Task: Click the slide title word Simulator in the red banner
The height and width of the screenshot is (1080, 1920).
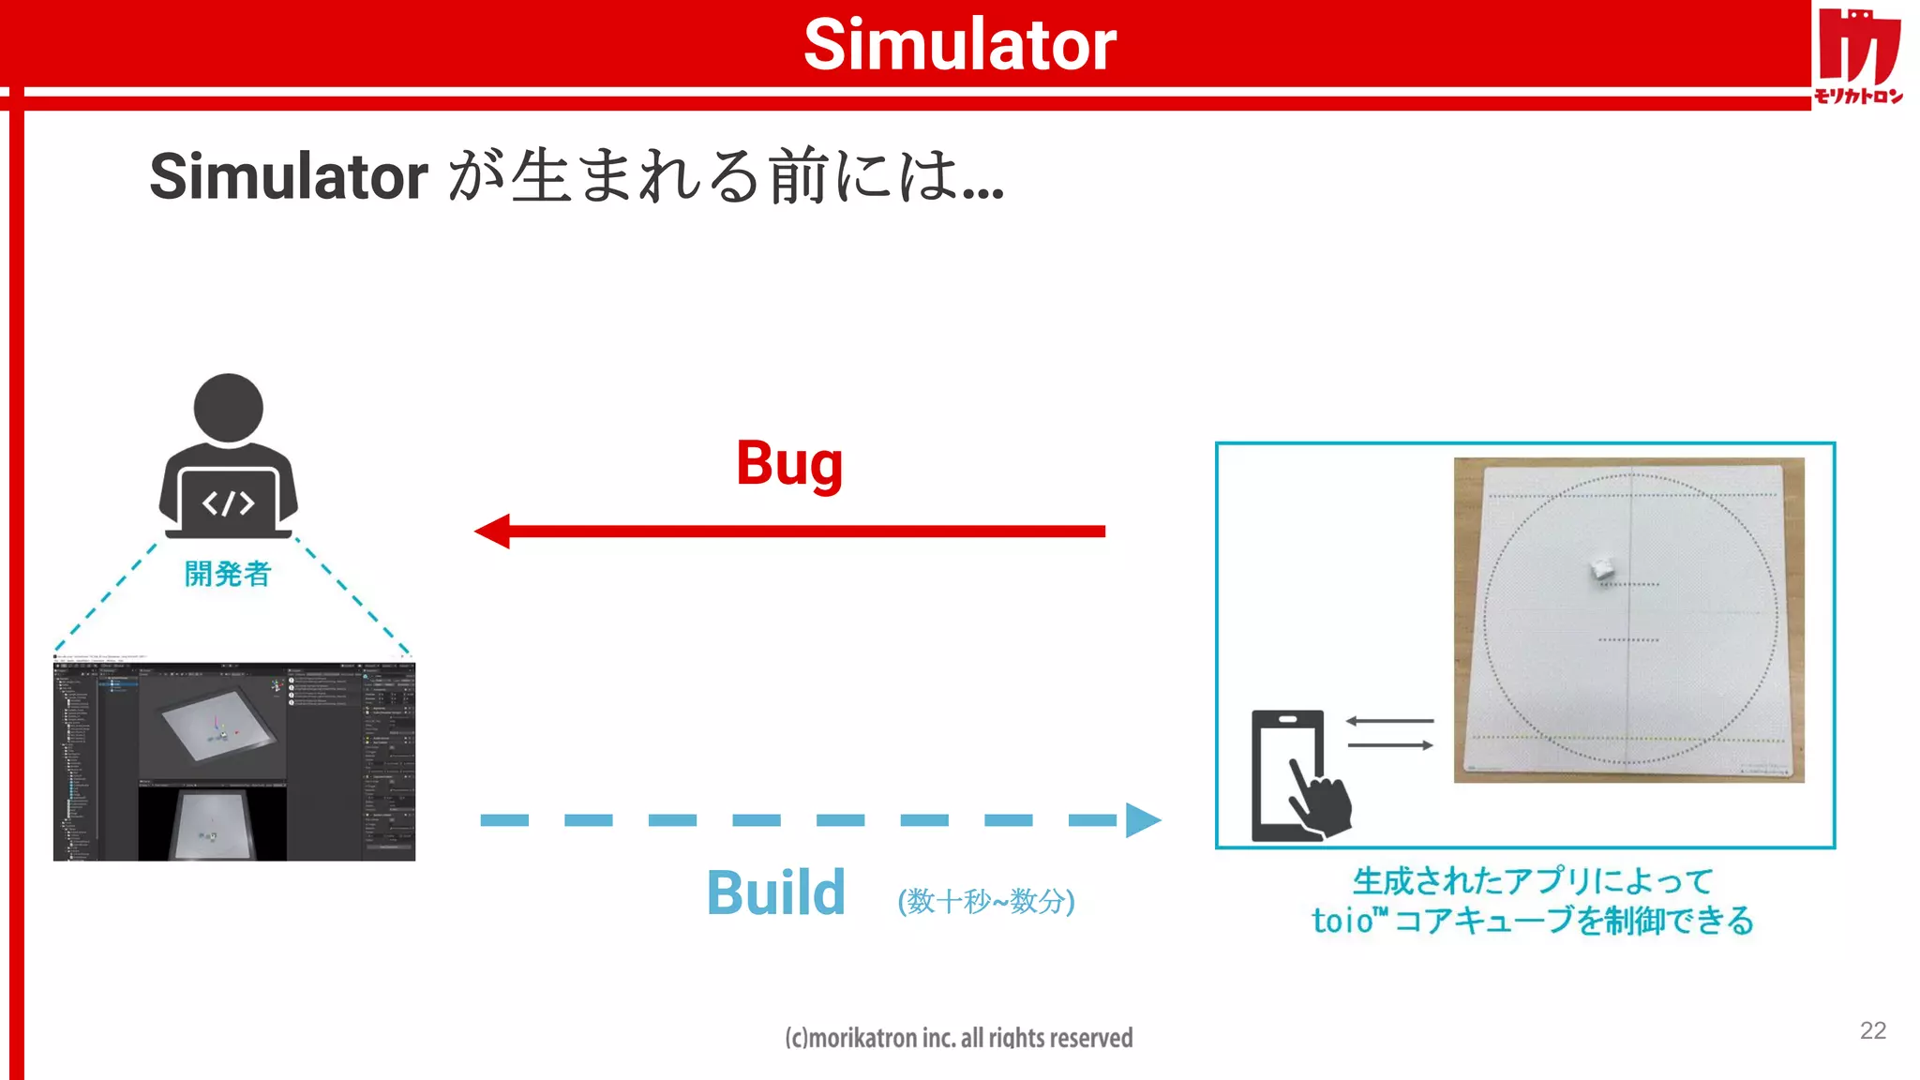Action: pyautogui.click(x=959, y=44)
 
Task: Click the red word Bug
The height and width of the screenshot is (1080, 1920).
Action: pyautogui.click(x=789, y=463)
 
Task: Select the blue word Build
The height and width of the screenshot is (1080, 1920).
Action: pyautogui.click(x=775, y=892)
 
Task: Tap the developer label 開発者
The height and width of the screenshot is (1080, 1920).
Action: pyautogui.click(x=227, y=574)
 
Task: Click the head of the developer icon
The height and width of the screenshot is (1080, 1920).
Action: pyautogui.click(x=228, y=408)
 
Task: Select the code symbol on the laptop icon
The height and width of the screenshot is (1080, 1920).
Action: pyautogui.click(x=228, y=503)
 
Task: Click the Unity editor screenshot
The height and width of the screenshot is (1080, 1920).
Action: pyautogui.click(x=234, y=758)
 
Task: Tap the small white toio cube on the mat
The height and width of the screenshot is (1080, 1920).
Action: pyautogui.click(x=1601, y=568)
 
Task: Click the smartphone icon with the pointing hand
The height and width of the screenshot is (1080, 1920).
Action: pyautogui.click(x=1298, y=776)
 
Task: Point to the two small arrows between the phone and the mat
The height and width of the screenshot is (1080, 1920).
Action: pyautogui.click(x=1389, y=733)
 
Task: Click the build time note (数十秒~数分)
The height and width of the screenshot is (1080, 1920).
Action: pyautogui.click(x=985, y=901)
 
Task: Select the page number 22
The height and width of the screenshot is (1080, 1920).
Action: pyautogui.click(x=1872, y=1030)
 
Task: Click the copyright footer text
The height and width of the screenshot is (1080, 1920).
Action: pyautogui.click(x=958, y=1038)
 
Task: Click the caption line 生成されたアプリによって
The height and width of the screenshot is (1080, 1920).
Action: pyautogui.click(x=1532, y=881)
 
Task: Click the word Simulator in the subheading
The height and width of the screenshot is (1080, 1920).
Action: pyautogui.click(x=289, y=176)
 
